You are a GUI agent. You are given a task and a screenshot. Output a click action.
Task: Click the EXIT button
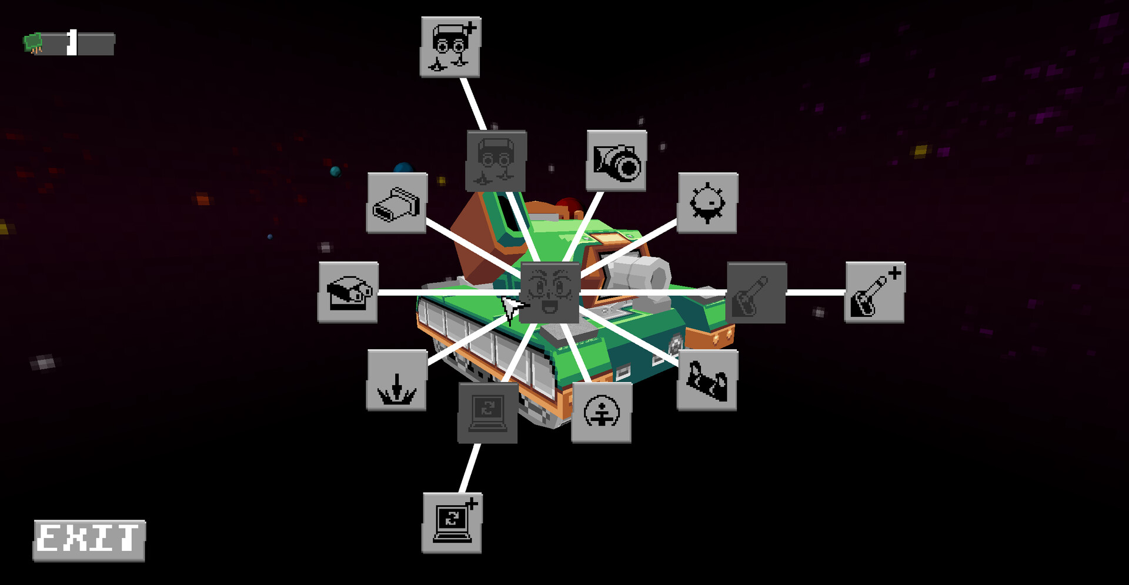(89, 540)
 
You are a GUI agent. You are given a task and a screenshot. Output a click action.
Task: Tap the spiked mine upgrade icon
(707, 203)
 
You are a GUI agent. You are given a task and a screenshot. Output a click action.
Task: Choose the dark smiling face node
(550, 292)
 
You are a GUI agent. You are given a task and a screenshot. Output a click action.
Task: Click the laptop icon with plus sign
(452, 523)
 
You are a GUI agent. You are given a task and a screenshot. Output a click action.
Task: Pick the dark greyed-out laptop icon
(487, 412)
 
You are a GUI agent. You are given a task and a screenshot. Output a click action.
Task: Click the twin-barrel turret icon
(348, 292)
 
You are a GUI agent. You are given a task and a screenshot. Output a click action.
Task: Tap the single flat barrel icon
(397, 203)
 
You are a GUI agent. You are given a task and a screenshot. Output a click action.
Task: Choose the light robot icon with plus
(450, 47)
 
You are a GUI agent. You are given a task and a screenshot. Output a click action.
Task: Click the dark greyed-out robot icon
(496, 161)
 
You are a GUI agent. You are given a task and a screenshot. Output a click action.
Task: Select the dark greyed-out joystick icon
(756, 292)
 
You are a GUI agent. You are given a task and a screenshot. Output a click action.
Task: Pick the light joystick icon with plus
(875, 292)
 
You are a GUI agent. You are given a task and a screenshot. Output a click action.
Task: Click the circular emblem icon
(602, 412)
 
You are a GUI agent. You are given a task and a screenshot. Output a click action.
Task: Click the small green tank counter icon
(33, 43)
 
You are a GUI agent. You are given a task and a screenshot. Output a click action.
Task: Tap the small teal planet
(336, 171)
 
